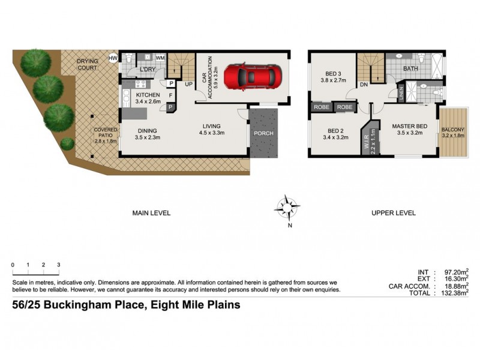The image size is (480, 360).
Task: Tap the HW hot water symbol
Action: (112, 58)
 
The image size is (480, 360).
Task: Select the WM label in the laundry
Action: (160, 58)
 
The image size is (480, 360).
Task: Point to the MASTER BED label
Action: (410, 126)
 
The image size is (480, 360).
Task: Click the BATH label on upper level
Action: (410, 69)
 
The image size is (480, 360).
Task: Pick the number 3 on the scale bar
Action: (59, 265)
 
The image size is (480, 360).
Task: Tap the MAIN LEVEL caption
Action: (151, 213)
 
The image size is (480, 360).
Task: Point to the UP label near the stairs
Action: (188, 84)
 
